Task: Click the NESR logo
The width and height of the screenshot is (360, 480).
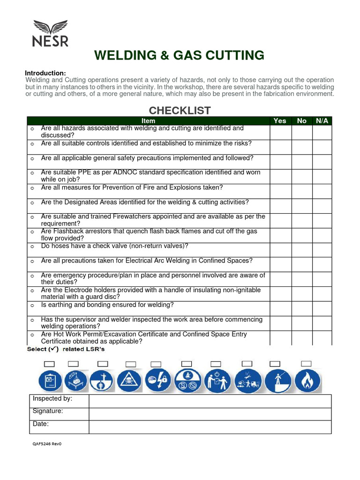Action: click(50, 33)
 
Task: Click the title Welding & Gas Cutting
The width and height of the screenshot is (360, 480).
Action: click(179, 55)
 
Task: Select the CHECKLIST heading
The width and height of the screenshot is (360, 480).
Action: click(180, 111)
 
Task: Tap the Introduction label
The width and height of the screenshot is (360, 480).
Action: click(45, 73)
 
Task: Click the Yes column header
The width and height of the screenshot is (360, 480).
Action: click(280, 121)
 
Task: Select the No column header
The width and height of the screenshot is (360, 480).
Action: click(302, 121)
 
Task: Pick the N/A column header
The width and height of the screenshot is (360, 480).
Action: click(322, 121)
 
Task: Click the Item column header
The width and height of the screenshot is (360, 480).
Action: click(148, 121)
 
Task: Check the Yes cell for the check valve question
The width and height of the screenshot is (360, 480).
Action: click(280, 249)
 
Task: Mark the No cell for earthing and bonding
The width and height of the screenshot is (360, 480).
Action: click(302, 308)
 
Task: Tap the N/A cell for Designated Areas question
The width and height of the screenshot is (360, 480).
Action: click(322, 205)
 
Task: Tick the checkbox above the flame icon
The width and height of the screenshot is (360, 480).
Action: click(307, 363)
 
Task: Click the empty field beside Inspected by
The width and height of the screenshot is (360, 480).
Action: click(210, 401)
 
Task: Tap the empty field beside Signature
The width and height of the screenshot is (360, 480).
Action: click(210, 414)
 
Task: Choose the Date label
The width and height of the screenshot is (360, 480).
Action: click(41, 424)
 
